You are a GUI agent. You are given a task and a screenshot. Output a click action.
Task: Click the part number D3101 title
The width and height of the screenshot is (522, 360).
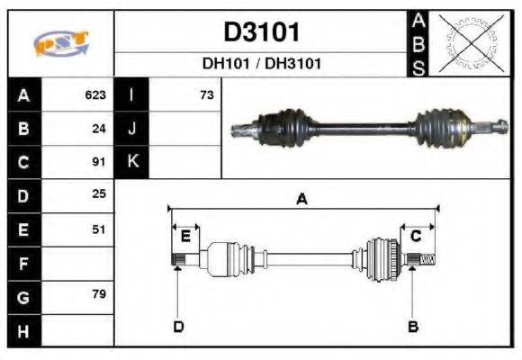tap(261, 32)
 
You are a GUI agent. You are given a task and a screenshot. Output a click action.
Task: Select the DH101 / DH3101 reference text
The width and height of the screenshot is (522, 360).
tap(261, 64)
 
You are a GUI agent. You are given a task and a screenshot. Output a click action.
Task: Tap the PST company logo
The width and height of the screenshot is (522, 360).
tap(61, 42)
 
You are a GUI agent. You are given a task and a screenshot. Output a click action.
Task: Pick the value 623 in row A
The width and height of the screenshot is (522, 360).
tap(95, 94)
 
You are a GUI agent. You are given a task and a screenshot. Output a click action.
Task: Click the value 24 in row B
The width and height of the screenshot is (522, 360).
tap(100, 128)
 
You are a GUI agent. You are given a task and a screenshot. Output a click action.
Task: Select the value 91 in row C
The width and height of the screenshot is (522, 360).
tap(100, 162)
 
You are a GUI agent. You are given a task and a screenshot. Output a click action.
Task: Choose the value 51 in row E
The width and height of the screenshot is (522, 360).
tap(100, 229)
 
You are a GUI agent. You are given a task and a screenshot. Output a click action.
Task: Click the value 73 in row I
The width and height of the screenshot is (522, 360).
tap(207, 94)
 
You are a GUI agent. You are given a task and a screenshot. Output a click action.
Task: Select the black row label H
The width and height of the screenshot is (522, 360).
tap(23, 331)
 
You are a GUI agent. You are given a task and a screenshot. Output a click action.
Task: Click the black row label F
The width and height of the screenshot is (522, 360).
tap(23, 264)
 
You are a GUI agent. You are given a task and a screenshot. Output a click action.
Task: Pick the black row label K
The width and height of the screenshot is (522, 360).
tap(132, 162)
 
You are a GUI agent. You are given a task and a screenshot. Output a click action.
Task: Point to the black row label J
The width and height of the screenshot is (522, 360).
tap(132, 128)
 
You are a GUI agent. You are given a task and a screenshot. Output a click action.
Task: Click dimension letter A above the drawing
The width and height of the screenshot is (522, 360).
tap(301, 200)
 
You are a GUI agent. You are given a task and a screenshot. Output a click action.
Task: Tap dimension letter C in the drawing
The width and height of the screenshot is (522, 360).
tap(416, 236)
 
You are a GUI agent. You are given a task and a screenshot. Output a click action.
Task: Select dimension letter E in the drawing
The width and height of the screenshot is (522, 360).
tap(185, 236)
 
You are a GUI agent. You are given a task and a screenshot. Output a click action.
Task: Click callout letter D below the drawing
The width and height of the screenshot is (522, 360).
tap(177, 326)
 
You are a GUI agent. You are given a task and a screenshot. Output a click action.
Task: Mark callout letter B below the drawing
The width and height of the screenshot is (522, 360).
tap(413, 326)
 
